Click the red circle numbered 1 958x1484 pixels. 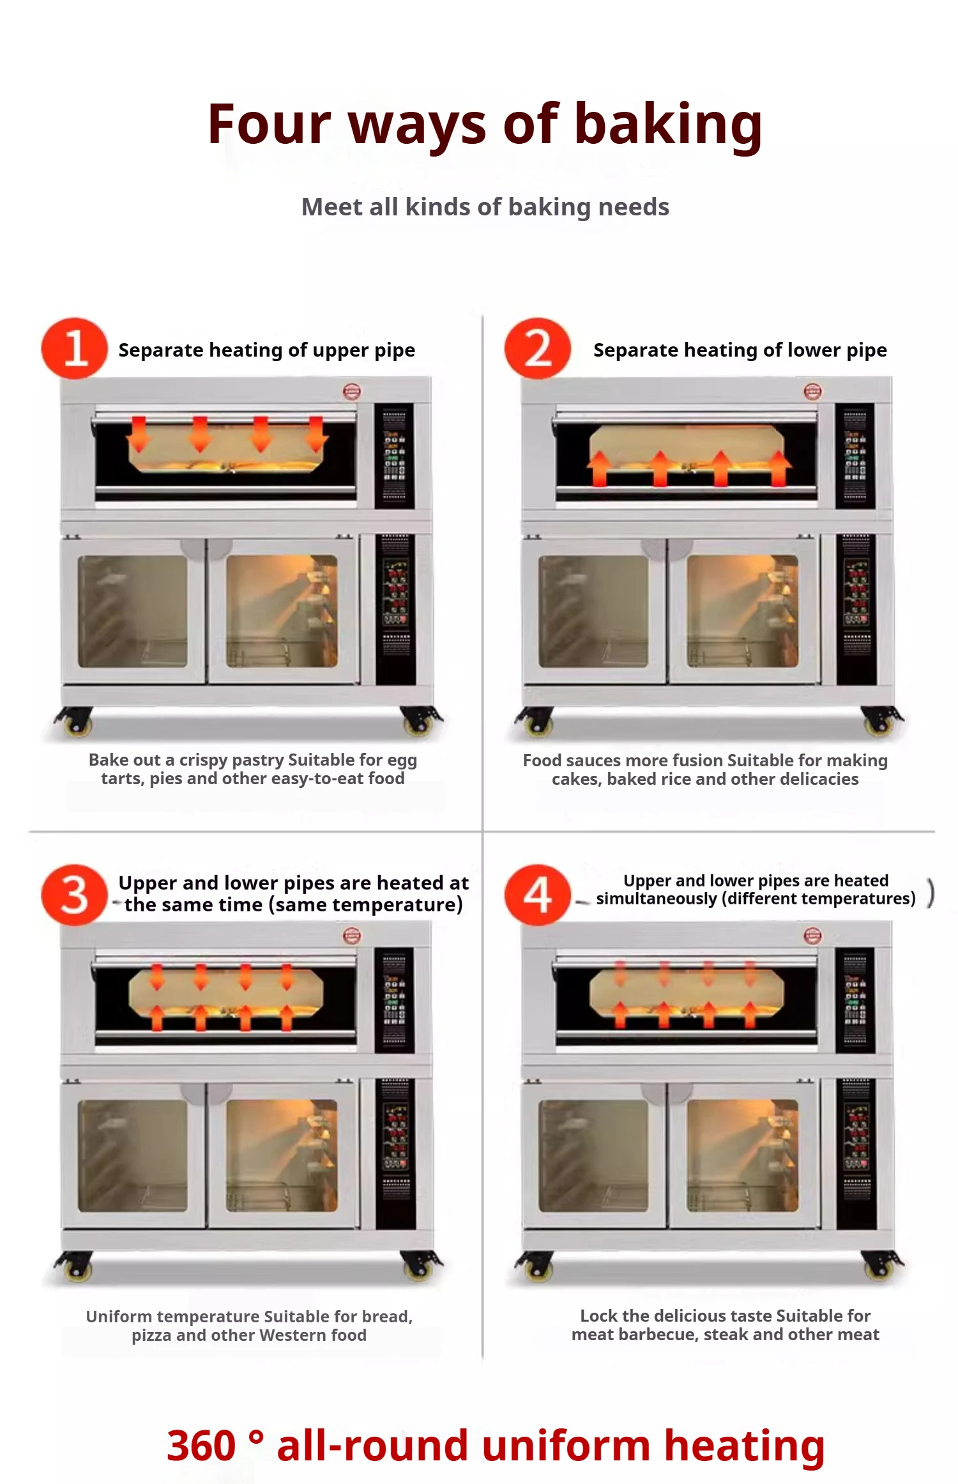point(74,349)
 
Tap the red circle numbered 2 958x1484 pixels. point(537,349)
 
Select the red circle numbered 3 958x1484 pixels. point(74,895)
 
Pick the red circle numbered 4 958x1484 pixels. point(537,895)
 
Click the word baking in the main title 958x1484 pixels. point(668,125)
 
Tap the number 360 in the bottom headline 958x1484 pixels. point(201,1446)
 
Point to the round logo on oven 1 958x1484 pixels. point(352,391)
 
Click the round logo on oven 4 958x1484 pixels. point(812,936)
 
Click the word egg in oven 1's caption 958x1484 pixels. point(402,760)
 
